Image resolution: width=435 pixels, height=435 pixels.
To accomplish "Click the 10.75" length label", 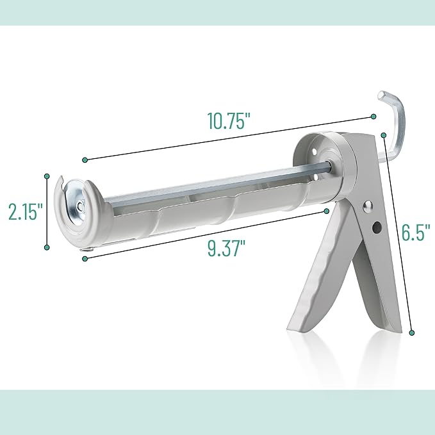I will point(227,121).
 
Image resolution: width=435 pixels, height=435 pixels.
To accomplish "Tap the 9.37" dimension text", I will point(227,247).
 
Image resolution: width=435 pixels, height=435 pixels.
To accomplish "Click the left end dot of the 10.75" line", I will point(84,159).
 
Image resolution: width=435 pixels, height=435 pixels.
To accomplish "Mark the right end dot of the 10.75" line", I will point(373,117).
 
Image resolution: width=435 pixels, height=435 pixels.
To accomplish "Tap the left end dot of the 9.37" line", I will point(85,258).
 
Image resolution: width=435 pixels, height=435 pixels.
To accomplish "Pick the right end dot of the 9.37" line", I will point(327,210).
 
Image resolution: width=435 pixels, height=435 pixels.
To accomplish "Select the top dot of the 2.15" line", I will point(47,175).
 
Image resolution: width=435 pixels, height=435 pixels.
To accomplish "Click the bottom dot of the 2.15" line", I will point(47,248).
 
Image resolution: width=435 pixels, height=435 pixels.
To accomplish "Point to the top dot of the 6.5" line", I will point(383,135).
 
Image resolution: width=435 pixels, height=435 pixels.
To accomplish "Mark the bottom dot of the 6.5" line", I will point(411,332).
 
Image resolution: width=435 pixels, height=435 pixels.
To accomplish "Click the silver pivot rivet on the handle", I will point(367,206).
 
